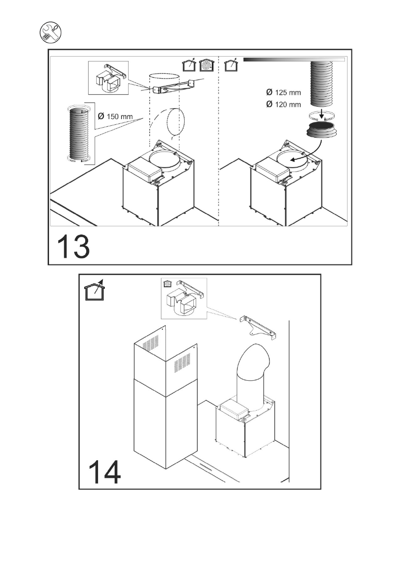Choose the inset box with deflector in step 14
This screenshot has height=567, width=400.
pos(184,298)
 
